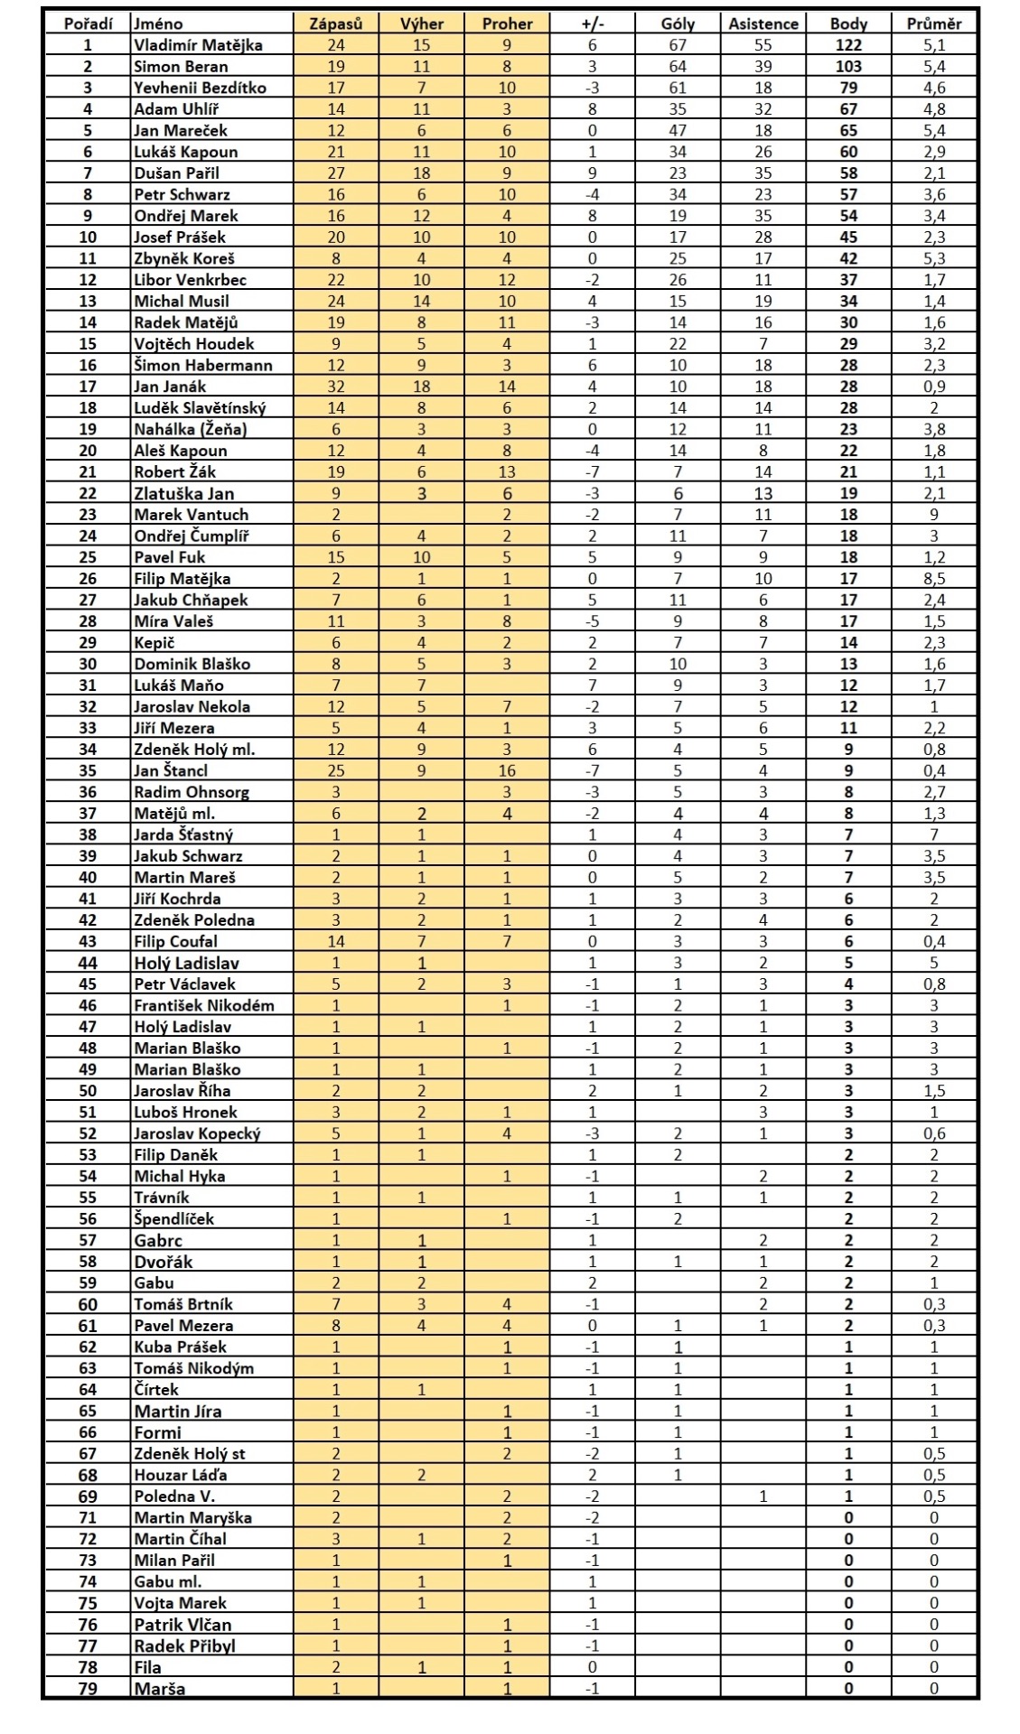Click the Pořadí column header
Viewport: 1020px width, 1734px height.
[x=87, y=23]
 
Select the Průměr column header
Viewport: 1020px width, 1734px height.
[x=933, y=23]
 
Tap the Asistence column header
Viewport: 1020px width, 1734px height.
[x=763, y=23]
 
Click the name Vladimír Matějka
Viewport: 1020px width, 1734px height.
[x=198, y=44]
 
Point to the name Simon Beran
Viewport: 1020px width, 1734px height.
[x=181, y=66]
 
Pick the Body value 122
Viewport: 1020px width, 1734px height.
[x=848, y=44]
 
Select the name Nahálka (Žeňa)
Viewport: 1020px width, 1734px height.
[x=190, y=429]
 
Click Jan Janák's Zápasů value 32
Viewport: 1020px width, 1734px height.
[x=336, y=387]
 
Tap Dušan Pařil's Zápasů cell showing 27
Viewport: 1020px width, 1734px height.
[x=336, y=172]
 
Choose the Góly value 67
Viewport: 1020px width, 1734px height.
[x=678, y=44]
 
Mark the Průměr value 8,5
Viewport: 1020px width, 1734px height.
[x=933, y=579]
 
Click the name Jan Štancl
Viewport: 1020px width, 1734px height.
[x=171, y=770]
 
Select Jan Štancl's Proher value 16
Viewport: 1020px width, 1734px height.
[x=507, y=770]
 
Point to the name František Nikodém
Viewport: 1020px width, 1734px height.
[x=204, y=1005]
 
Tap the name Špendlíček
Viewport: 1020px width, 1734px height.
[x=174, y=1219]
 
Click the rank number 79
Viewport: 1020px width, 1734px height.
[x=87, y=1689]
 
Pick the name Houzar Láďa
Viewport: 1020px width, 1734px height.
[x=181, y=1475]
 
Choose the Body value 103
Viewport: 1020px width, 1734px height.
[x=848, y=66]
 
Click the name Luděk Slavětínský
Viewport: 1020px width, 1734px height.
[x=200, y=407]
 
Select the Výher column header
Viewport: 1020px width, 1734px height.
[x=421, y=23]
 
